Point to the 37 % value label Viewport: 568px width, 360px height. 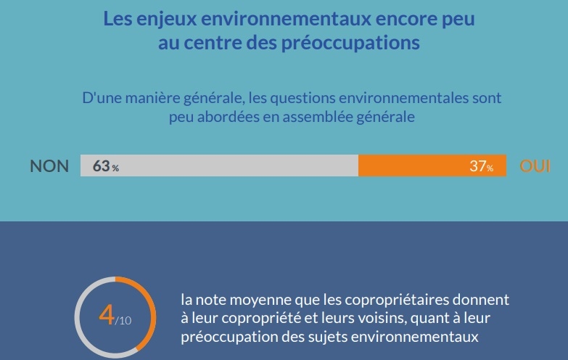click(481, 166)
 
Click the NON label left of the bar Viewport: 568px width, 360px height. click(49, 166)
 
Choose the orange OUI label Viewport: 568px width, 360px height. click(535, 166)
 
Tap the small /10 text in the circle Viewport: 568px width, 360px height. click(124, 321)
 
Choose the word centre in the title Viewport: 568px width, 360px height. click(218, 43)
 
